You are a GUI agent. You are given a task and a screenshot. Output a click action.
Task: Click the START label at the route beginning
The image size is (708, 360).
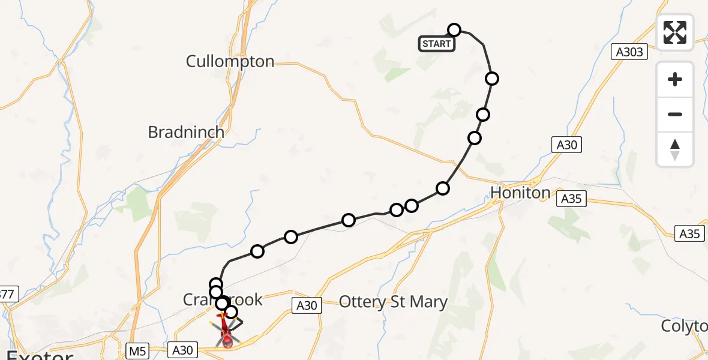[x=436, y=44]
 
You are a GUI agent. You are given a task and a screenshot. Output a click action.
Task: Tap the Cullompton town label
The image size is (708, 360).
[x=230, y=61]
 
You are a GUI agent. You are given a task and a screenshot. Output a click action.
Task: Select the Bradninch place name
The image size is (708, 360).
[x=186, y=132]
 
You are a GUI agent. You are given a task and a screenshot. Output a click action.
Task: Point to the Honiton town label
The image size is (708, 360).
[x=520, y=193]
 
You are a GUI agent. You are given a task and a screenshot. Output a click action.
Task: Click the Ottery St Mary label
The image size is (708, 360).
[x=393, y=302]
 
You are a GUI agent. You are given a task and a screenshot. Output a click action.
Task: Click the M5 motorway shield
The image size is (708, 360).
[x=137, y=349]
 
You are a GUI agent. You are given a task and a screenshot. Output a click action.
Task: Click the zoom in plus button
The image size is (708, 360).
[x=675, y=79]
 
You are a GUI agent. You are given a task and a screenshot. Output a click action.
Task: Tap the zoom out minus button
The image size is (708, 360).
[x=675, y=114]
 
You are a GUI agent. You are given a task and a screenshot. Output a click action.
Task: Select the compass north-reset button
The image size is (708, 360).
[x=675, y=149]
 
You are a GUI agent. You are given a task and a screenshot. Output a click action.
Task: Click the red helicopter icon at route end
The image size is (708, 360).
[x=227, y=333]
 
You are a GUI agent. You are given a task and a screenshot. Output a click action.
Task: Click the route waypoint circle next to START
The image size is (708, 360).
[x=454, y=30]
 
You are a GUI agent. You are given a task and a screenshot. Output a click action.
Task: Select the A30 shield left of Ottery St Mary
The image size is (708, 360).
[x=306, y=305]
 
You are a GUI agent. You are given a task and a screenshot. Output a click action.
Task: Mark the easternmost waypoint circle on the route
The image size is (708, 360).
[x=492, y=78]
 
